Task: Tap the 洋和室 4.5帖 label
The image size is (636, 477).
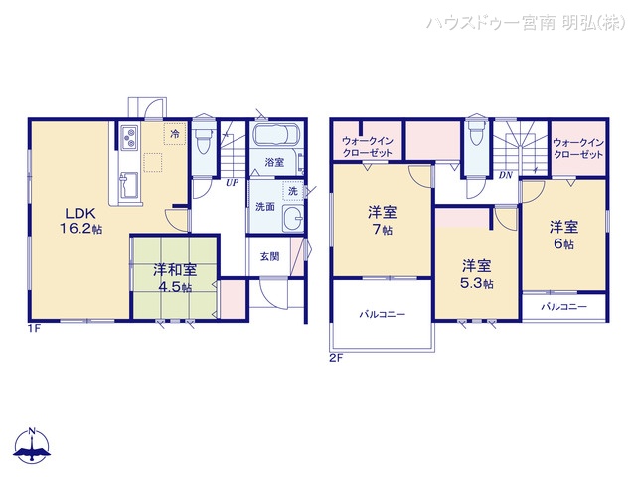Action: click(174, 277)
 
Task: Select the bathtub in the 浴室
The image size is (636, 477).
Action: click(281, 137)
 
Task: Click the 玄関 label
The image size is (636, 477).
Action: click(269, 256)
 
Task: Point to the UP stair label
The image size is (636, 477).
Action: click(232, 183)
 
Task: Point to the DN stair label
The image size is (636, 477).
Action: click(505, 176)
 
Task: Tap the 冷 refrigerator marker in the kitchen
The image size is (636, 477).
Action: click(174, 132)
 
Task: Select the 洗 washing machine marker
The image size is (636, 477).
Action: click(293, 191)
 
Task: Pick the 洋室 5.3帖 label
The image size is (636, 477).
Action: click(475, 273)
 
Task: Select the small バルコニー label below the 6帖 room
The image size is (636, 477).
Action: click(563, 307)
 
